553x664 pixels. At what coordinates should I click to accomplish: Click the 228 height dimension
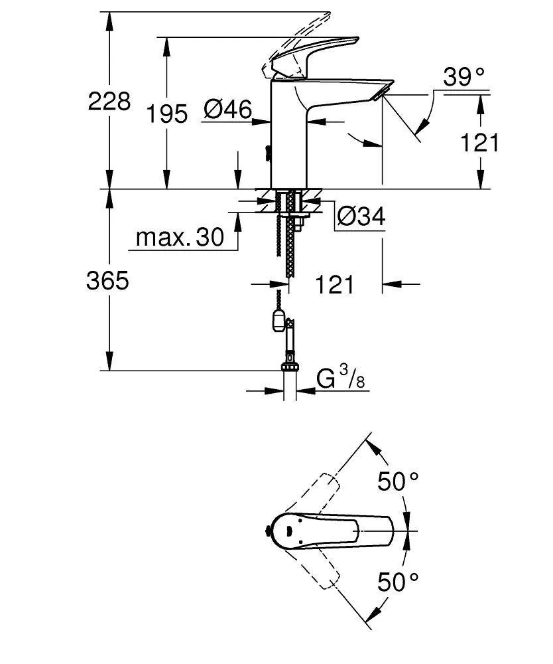pos(109,102)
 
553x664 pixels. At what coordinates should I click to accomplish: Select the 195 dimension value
pos(167,114)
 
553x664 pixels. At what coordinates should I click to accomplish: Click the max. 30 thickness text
pos(180,237)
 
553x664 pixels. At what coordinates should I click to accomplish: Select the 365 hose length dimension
pos(107,281)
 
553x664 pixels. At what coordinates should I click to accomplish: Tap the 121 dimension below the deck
pos(334,285)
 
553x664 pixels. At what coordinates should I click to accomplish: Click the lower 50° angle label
pos(399,582)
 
